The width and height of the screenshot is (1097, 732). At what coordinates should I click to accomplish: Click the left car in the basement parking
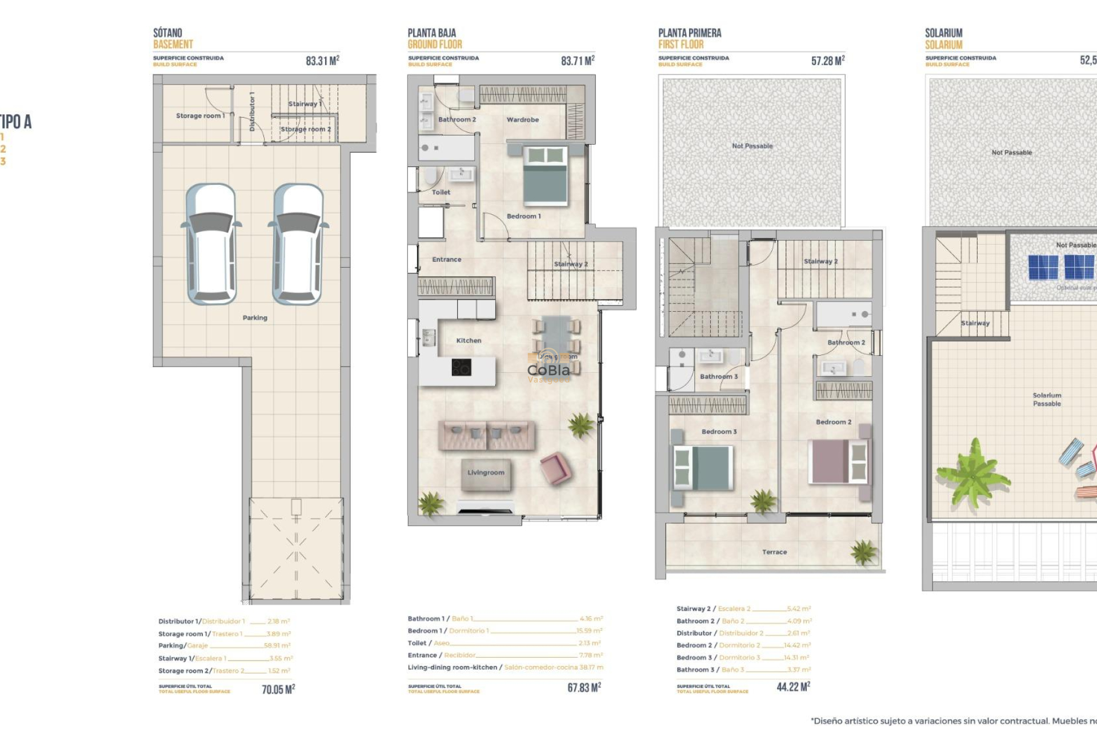click(x=211, y=244)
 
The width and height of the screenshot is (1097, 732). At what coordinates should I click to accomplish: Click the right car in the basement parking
click(x=298, y=244)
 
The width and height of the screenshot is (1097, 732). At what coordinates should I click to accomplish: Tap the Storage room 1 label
click(x=200, y=116)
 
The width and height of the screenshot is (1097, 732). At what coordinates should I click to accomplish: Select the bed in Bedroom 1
click(x=545, y=176)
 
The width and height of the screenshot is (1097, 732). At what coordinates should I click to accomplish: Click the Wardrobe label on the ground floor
click(x=522, y=120)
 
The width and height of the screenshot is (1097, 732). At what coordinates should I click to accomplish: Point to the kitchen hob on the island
click(x=461, y=367)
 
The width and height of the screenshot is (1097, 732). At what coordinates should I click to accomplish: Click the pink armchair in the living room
click(x=555, y=468)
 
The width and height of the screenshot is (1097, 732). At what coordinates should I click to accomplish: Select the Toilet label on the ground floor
click(x=441, y=192)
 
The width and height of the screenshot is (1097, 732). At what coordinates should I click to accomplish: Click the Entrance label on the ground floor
click(x=446, y=259)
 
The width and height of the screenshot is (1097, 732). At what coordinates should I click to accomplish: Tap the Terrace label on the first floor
click(x=774, y=552)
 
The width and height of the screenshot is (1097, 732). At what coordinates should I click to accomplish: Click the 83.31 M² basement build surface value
click(x=322, y=61)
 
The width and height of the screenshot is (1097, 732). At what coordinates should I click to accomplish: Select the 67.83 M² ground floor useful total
click(x=584, y=687)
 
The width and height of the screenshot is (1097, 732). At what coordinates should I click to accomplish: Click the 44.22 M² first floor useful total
click(x=793, y=687)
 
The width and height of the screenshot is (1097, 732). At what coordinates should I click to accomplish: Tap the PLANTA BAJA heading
click(x=431, y=33)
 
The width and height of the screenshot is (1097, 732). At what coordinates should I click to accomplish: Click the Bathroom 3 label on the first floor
click(x=719, y=376)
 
